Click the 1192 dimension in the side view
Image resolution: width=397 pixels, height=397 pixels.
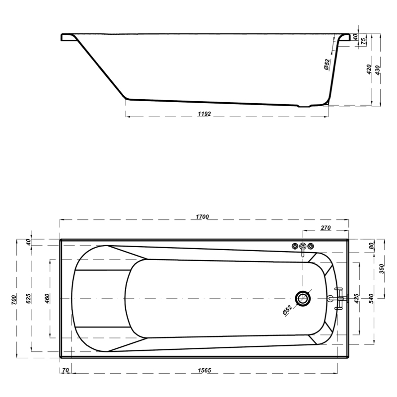pos(204,114)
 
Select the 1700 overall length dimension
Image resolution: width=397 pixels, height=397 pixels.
pos(202,217)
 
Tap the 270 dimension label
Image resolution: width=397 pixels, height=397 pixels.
pos(326,228)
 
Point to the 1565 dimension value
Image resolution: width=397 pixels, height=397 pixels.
pos(204,370)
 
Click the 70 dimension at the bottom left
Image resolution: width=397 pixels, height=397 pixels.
pos(66,370)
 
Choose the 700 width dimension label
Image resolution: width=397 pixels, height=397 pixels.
pos(14,300)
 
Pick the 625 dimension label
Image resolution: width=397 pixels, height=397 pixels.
pos(28,299)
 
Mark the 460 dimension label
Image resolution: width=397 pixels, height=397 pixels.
pos(47,299)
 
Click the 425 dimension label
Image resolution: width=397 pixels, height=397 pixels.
pos(356,299)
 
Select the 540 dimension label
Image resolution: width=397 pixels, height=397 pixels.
pos(371,299)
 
